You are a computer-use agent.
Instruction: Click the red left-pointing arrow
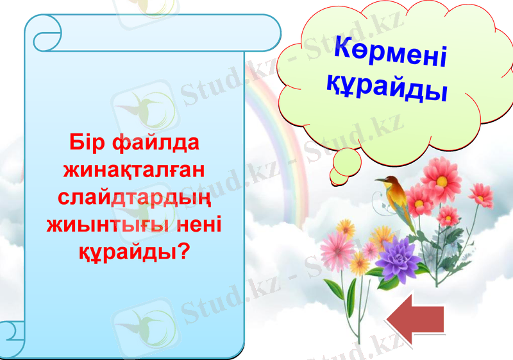(416, 319)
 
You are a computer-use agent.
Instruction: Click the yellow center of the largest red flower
(441, 180)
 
